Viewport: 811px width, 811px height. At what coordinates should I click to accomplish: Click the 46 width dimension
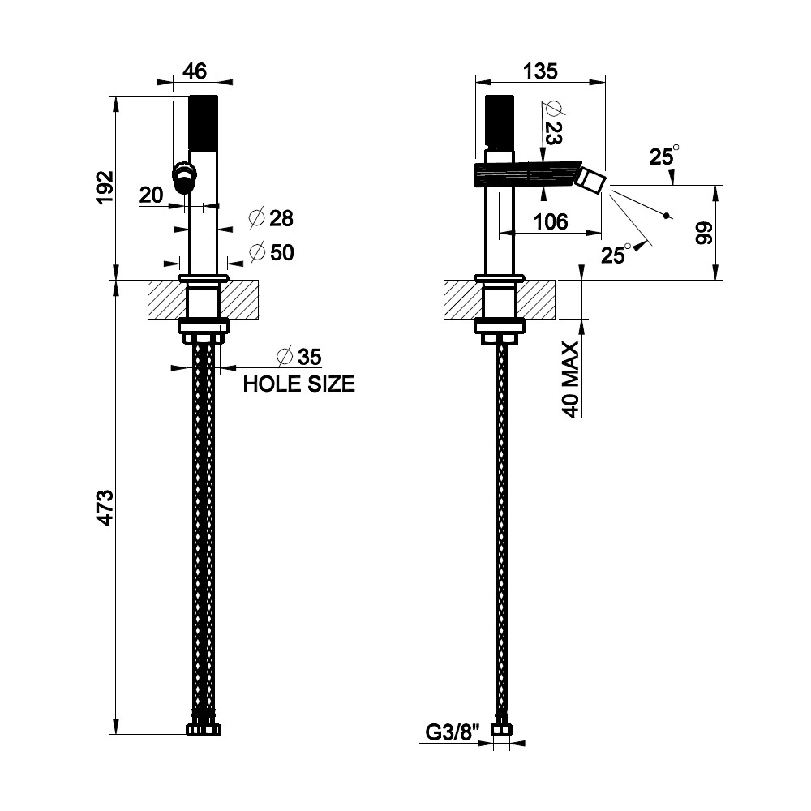pyautogui.click(x=195, y=71)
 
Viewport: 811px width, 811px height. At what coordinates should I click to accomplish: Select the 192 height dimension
pyautogui.click(x=105, y=187)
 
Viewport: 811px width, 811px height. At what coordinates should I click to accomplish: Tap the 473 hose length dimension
pyautogui.click(x=105, y=508)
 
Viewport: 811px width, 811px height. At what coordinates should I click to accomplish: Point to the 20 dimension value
pyautogui.click(x=151, y=195)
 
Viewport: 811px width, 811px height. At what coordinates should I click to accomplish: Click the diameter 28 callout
pyautogui.click(x=271, y=218)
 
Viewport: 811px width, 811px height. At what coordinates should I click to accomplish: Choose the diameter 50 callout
pyautogui.click(x=272, y=252)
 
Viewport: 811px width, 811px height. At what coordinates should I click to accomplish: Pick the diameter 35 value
pyautogui.click(x=299, y=356)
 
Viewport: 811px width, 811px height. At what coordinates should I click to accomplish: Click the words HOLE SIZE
pyautogui.click(x=299, y=384)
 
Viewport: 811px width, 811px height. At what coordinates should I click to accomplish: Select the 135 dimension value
pyautogui.click(x=540, y=71)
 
